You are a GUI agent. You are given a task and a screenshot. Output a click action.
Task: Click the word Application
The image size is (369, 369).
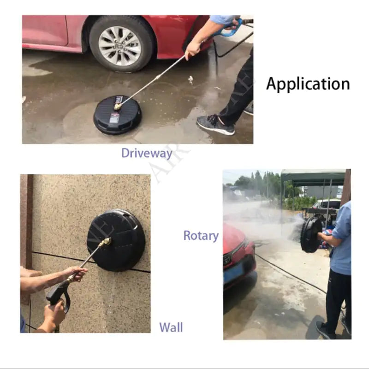point(308,83)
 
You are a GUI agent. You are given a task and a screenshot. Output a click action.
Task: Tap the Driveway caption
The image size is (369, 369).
point(147,153)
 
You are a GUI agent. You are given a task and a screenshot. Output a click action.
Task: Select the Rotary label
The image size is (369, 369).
point(201,235)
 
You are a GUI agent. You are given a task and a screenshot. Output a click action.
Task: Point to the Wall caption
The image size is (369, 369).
point(171,327)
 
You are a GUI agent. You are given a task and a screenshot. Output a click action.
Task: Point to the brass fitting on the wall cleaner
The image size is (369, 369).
point(105,241)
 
